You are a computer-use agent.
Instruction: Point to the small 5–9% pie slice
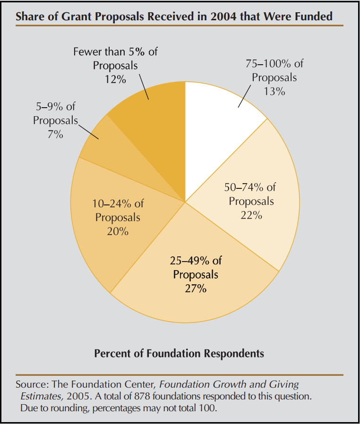coord(99,142)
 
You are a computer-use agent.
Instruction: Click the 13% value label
coord(274,92)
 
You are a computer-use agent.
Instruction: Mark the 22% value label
coord(251,215)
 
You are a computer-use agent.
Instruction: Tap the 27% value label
coord(196,288)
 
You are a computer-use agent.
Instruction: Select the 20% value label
coord(118,232)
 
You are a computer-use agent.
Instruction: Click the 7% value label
coord(55,135)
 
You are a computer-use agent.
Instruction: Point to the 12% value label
coord(115,79)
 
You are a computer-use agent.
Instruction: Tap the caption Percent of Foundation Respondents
coord(179,353)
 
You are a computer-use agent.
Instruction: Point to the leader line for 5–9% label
coord(88,131)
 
